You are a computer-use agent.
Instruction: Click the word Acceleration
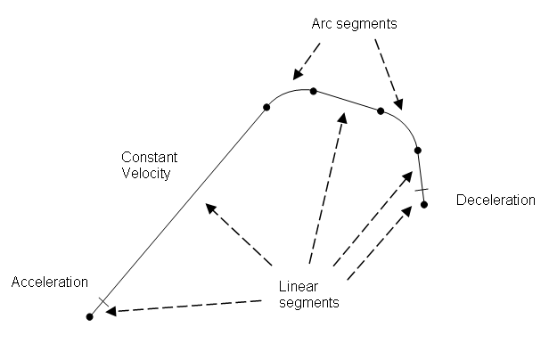coord(49,282)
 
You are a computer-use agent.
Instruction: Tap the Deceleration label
coord(495,200)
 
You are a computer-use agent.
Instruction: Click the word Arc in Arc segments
coord(323,24)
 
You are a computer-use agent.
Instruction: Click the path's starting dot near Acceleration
coord(90,316)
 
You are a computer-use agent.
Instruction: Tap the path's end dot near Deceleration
coord(424,204)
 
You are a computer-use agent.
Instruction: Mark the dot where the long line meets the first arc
coord(266,107)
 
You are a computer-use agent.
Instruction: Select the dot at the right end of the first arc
coord(314,89)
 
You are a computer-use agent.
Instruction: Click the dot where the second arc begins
coord(381,110)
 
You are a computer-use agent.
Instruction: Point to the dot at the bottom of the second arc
coord(417,150)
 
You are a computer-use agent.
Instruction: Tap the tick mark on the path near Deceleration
coord(422,188)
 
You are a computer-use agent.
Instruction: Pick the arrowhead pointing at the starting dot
coord(111,310)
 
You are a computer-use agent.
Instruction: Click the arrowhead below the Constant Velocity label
coord(210,208)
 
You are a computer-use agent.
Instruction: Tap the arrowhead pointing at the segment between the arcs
coord(342,118)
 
